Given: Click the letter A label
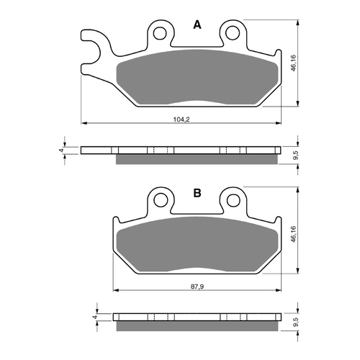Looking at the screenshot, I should coord(197,25).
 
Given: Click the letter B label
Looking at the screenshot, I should coord(197,192).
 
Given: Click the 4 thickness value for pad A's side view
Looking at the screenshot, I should coord(62,150).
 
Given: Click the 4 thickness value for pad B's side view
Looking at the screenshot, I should coord(96,316).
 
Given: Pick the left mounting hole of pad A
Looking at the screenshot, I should coord(159,32).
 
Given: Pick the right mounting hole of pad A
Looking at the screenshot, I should coord(232,32).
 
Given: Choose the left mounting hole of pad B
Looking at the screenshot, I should coord(159,200).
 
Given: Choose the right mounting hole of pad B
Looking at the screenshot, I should coord(232,200).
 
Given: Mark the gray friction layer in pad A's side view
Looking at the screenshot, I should coord(194,158).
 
